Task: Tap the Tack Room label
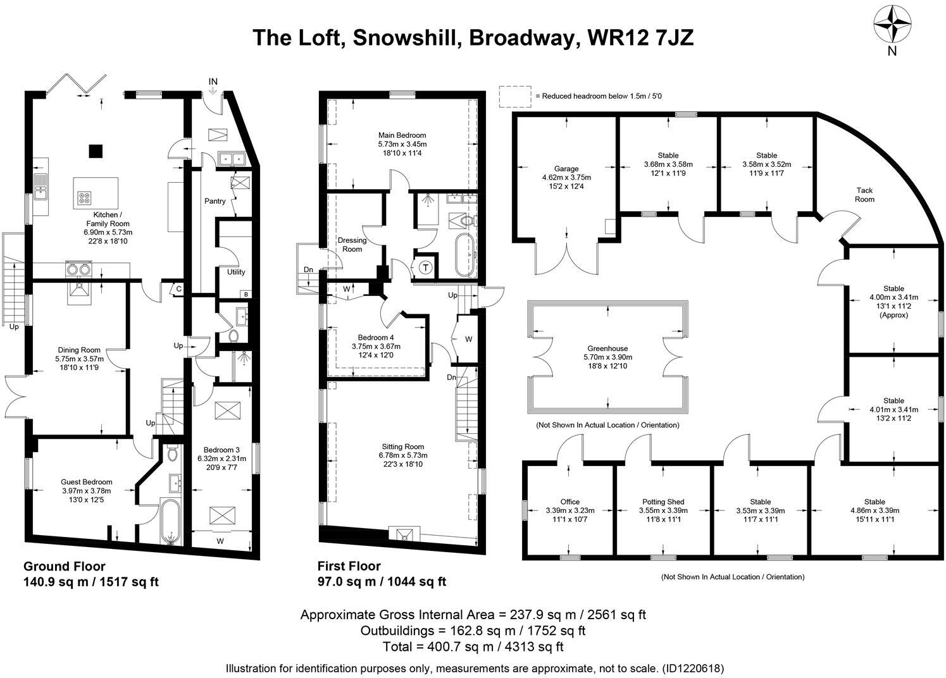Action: (864, 195)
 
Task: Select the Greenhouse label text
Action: (607, 348)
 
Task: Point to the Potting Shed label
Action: (663, 502)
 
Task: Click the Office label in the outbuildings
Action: (569, 502)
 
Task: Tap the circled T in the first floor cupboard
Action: (425, 268)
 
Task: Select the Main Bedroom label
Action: (402, 135)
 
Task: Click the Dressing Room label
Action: (352, 245)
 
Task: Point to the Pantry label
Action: (215, 201)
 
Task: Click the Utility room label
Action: (236, 272)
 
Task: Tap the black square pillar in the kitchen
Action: (96, 151)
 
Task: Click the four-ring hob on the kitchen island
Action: (85, 197)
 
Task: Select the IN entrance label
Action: (213, 82)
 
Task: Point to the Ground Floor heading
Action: (65, 567)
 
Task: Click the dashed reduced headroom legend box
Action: (514, 96)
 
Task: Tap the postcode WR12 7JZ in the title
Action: (640, 37)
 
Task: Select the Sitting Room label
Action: (402, 446)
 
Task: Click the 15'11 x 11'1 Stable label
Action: (874, 510)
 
